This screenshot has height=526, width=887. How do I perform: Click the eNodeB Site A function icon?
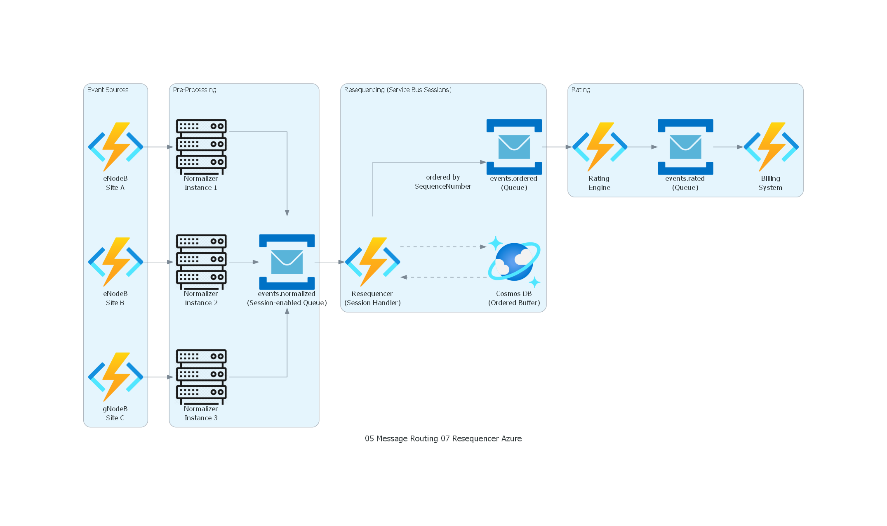point(115,147)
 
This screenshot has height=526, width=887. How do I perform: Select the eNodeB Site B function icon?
point(115,262)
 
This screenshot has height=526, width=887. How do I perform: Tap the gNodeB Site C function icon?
point(115,377)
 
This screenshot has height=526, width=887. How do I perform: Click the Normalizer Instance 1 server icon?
point(201,147)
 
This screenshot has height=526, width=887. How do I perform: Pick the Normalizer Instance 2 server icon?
point(201,262)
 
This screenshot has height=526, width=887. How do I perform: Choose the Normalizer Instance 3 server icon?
point(201,377)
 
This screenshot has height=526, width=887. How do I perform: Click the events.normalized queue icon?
point(287,262)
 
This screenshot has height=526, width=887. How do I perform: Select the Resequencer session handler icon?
point(372,262)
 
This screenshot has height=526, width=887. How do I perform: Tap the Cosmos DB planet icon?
point(514,262)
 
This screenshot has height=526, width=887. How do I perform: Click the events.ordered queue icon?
point(514,147)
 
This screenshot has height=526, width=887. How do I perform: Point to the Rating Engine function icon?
point(600,147)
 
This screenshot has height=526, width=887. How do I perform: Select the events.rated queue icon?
point(685,147)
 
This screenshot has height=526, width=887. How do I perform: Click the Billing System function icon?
point(771,147)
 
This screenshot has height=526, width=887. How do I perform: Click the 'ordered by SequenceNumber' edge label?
point(443,182)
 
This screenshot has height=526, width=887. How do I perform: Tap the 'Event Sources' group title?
point(108,90)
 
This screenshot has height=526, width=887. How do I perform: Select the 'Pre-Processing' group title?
point(195,90)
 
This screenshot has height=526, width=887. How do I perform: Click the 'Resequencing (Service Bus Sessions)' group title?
point(398,90)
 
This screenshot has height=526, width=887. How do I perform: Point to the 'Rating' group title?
point(581,90)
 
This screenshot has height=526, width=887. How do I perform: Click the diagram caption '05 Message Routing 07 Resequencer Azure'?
point(443,438)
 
